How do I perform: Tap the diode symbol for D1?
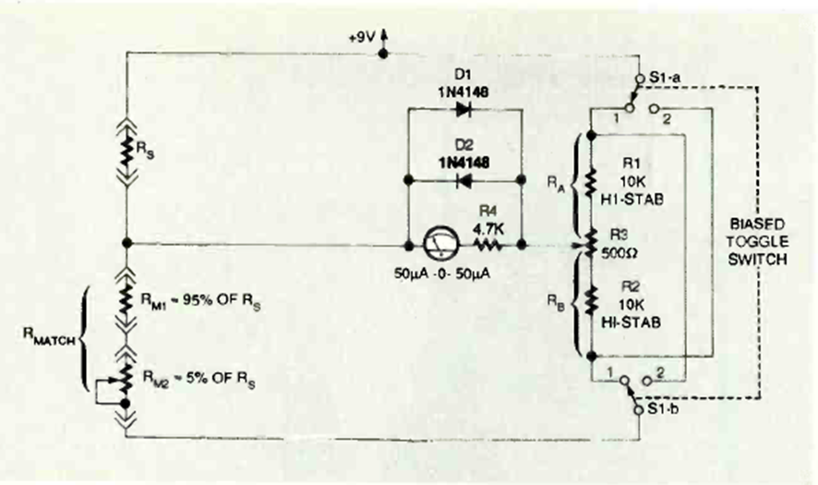[463, 108]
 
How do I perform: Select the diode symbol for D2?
[463, 178]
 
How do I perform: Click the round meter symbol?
[436, 246]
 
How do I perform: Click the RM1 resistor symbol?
[127, 297]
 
